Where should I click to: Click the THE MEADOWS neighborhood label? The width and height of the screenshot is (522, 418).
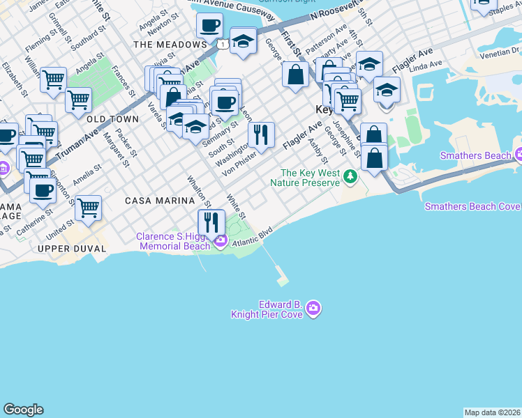170,45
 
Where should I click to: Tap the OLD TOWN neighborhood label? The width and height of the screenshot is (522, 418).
112,120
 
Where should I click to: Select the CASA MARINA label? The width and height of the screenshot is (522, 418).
159,201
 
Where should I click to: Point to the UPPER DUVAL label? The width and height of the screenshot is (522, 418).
72,249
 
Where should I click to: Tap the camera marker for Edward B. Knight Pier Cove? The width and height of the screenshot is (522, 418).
313,308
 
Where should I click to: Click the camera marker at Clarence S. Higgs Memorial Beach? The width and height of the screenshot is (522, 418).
221,241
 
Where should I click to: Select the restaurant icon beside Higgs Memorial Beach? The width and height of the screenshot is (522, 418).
211,222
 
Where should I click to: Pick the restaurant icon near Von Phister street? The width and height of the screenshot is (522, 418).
261,134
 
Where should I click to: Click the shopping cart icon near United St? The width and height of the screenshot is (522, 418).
88,207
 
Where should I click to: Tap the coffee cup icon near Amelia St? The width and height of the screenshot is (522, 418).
43,189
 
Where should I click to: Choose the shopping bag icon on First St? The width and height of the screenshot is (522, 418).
296,75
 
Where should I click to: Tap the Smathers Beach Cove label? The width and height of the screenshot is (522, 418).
472,206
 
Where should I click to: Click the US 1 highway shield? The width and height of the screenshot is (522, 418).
221,45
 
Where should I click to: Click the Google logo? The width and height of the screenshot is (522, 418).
23,410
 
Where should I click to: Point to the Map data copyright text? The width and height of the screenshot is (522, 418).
492,412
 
